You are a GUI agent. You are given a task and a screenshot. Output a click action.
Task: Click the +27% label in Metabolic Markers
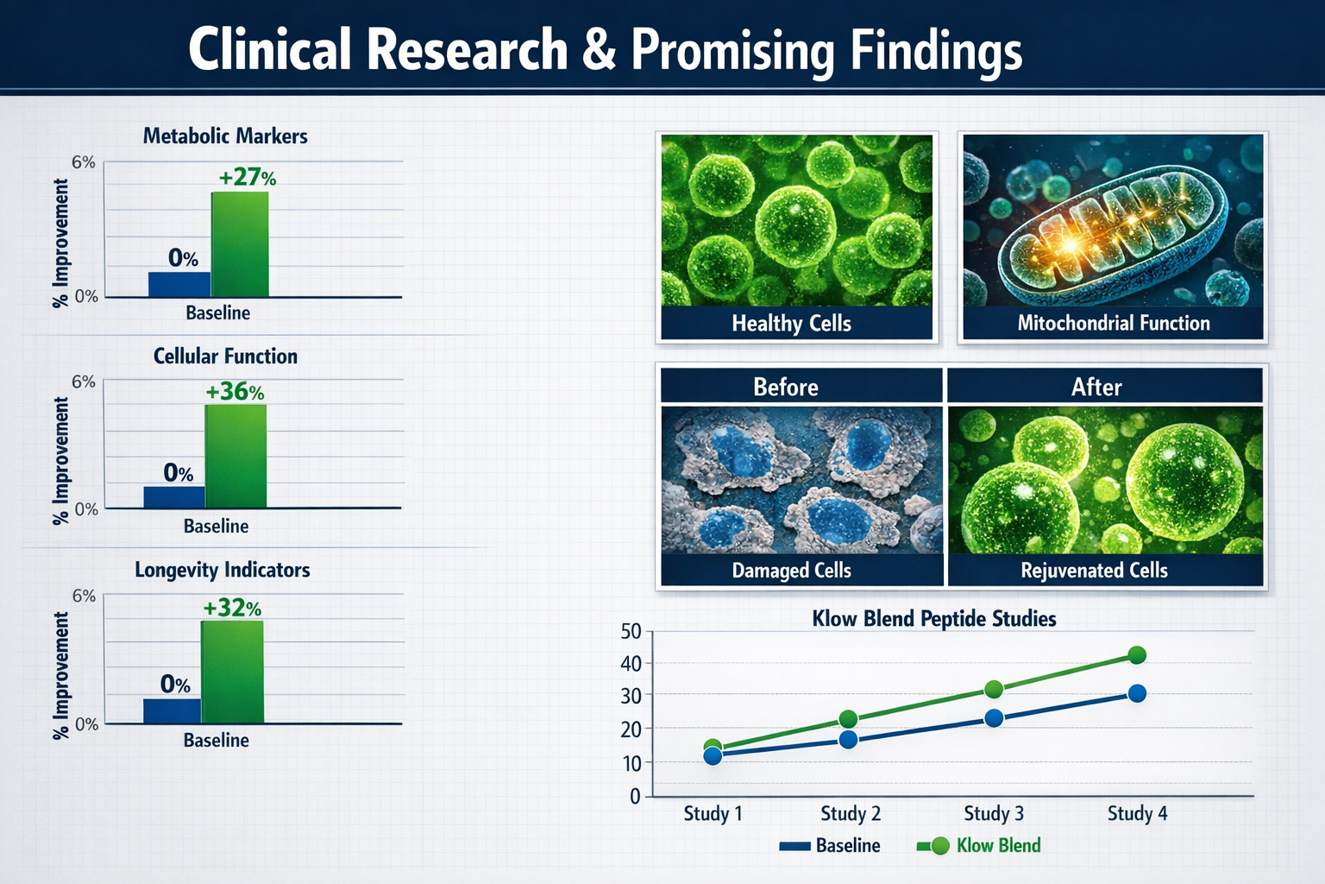point(247,178)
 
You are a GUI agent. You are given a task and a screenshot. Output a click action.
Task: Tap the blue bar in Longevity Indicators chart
point(172,710)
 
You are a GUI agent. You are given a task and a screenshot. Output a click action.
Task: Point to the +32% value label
point(231,608)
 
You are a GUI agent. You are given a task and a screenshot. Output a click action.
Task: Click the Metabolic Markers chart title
point(225,136)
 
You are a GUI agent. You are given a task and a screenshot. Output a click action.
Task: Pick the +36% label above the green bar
point(235,392)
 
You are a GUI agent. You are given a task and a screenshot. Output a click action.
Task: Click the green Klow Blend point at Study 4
point(1137,655)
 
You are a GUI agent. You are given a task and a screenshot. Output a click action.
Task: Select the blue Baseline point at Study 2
point(848,740)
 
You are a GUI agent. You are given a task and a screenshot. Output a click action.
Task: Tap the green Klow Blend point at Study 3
point(993,689)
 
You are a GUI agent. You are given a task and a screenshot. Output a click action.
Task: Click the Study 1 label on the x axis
point(713,813)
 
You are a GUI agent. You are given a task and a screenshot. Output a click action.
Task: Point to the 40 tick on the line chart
point(631,663)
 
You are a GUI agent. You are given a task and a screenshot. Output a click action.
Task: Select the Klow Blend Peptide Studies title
point(934,619)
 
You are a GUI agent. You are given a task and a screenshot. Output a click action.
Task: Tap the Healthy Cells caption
point(791,324)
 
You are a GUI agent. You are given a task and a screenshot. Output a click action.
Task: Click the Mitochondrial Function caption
point(1113,324)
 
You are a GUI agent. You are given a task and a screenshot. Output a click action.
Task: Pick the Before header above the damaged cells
point(785,387)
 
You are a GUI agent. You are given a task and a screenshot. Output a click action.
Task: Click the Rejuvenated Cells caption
point(1094,571)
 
